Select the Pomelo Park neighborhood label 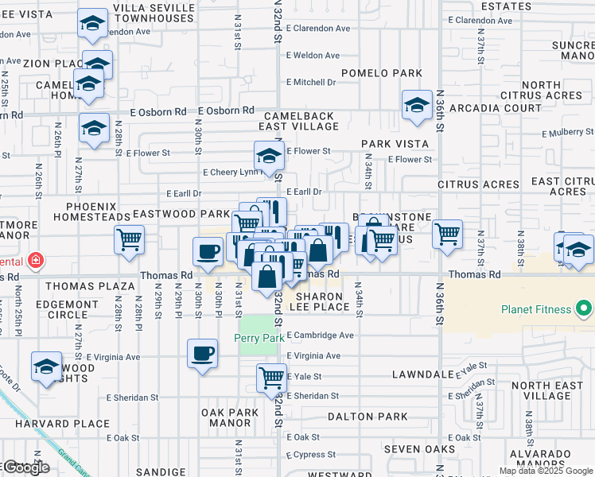click(381, 74)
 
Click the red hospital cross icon click(34, 260)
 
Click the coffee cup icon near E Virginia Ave click(202, 353)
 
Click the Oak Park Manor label click(231, 417)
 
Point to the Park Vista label click(395, 144)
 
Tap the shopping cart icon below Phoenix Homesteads click(129, 238)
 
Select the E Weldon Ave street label click(313, 55)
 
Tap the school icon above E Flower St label click(269, 156)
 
